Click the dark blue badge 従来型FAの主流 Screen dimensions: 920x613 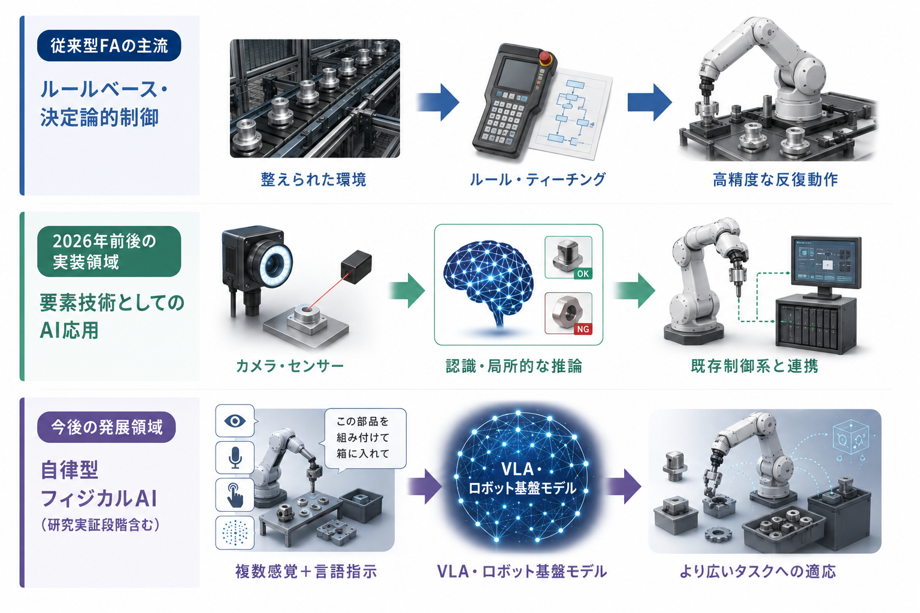click(x=109, y=45)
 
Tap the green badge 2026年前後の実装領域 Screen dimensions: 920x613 click(x=109, y=251)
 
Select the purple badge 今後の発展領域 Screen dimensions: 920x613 click(x=107, y=427)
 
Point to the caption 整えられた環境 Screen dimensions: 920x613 click(x=313, y=180)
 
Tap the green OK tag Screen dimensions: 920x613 click(x=583, y=274)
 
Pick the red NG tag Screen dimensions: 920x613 click(x=583, y=329)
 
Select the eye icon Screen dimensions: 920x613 click(x=235, y=421)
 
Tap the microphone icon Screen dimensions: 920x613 click(x=235, y=457)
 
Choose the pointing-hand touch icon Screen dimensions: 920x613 click(x=235, y=494)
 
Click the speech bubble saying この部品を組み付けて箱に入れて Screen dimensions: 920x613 click(x=365, y=438)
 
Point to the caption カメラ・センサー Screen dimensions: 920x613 click(x=289, y=366)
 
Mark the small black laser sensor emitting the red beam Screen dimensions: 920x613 click(x=356, y=266)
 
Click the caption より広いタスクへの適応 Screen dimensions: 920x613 click(x=757, y=571)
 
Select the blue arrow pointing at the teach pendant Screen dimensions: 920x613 click(x=438, y=102)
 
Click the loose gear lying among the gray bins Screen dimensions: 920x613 click(x=718, y=534)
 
